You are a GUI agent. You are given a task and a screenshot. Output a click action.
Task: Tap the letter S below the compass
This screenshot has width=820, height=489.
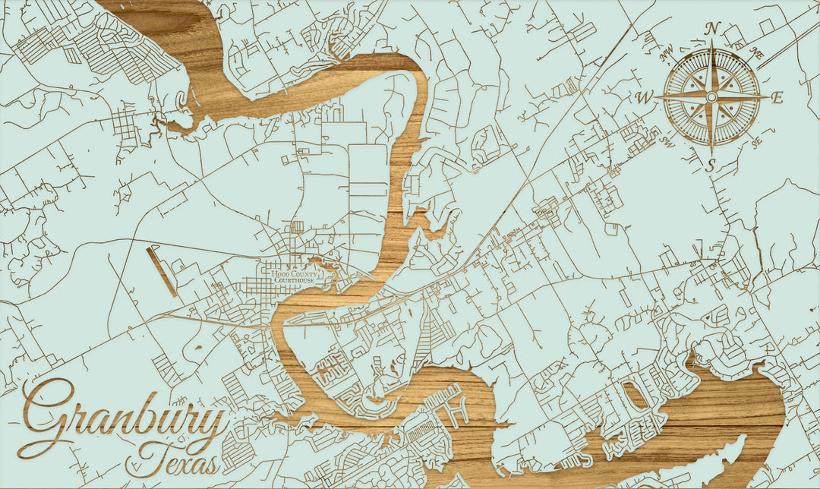coord(711,166)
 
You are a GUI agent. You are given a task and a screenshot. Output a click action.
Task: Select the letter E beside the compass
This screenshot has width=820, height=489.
coord(777,97)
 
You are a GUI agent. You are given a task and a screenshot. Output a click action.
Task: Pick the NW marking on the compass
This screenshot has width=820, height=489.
coord(667,53)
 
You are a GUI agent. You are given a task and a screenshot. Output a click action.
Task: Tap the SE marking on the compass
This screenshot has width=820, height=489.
coord(756,142)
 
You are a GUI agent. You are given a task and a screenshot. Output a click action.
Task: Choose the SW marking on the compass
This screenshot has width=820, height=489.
coord(668,141)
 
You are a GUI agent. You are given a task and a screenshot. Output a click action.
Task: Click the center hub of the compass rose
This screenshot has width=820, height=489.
coord(711,97)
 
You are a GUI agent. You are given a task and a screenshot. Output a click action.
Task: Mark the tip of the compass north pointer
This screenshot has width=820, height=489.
coord(712,45)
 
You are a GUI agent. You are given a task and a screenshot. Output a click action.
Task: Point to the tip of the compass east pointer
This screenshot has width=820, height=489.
coord(767,97)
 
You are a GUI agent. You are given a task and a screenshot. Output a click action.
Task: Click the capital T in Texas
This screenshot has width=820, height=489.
coord(152,456)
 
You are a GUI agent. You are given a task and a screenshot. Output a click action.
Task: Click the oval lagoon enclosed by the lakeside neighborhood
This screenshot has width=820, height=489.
coord(632,394)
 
